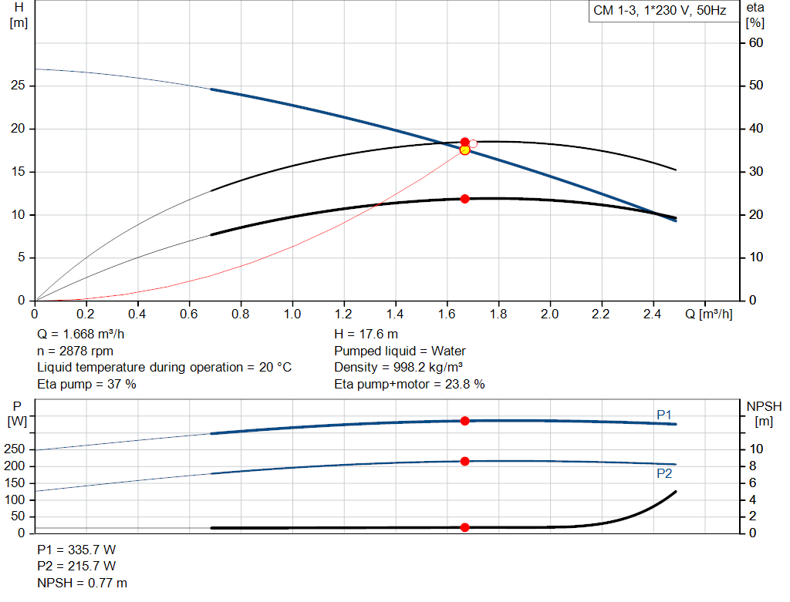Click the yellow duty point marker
pos(464,150)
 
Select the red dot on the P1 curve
pos(464,421)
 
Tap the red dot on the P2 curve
pos(464,461)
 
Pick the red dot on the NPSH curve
pos(464,527)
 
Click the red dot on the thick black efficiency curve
pos(464,199)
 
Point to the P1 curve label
pos(664,415)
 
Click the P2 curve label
pos(664,473)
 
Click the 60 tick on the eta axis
pos(756,42)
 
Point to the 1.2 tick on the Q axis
pos(343,314)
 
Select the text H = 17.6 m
pos(366,335)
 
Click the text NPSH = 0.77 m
pos(83,583)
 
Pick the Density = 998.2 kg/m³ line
pos(398,368)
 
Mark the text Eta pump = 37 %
pos(86,384)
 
